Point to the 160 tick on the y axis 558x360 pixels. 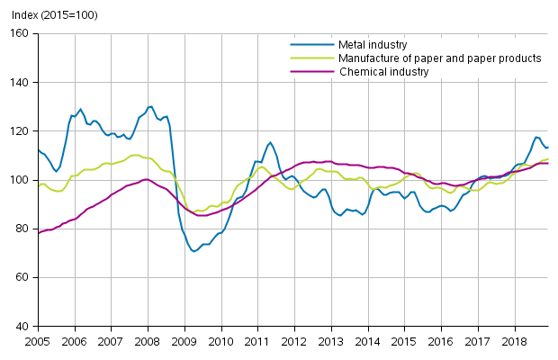click(20, 33)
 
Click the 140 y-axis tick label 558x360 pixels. click(20, 82)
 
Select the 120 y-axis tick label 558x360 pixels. click(20, 131)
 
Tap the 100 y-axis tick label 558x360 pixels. click(20, 180)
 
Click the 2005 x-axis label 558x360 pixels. click(37, 343)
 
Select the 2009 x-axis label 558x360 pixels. click(184, 343)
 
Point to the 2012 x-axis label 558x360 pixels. click(294, 343)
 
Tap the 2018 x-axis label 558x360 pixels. click(515, 343)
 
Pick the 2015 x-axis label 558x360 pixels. click(404, 343)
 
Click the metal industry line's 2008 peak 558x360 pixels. click(150, 106)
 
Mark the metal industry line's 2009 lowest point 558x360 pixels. click(193, 251)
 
